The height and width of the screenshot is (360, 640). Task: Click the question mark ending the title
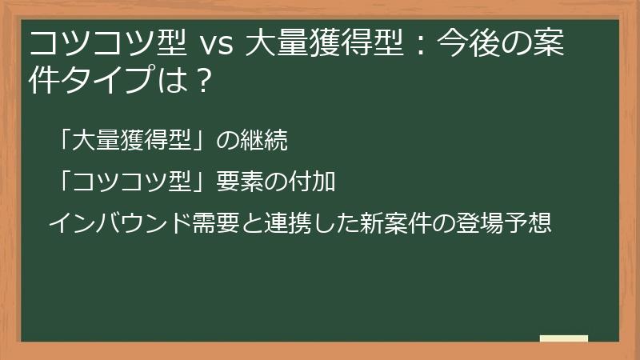coord(202,80)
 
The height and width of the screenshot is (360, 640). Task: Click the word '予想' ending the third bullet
coord(528,222)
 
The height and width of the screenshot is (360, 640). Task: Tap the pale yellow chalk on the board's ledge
coord(563,338)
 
